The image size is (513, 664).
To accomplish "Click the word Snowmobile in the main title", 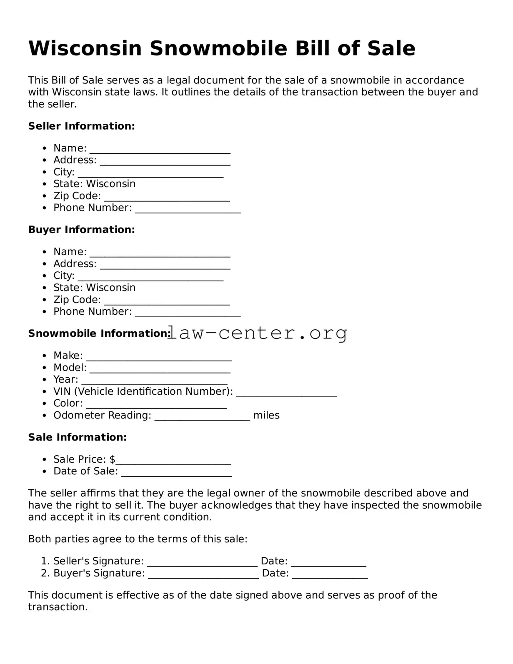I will (218, 48).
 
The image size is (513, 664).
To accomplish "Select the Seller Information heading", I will (81, 126).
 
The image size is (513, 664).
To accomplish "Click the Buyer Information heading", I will (81, 230).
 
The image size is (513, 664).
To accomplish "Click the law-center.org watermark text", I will (258, 333).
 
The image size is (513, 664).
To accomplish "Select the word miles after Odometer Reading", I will (266, 415).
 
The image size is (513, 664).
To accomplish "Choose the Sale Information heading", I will (77, 437).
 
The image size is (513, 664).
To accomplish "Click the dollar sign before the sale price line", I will (113, 459).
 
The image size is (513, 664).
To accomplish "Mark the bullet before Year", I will (45, 380).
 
